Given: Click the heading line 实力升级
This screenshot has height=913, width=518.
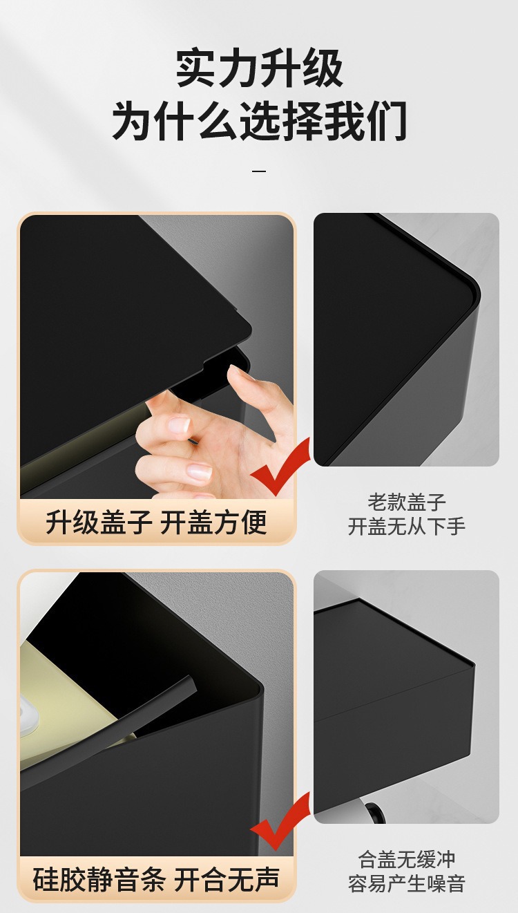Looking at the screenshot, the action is pyautogui.click(x=259, y=68).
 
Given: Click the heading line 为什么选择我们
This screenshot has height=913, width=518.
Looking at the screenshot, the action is pyautogui.click(x=259, y=121).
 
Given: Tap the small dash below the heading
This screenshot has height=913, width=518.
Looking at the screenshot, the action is pyautogui.click(x=259, y=171).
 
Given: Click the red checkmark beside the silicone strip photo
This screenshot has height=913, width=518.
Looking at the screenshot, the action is pyautogui.click(x=280, y=820).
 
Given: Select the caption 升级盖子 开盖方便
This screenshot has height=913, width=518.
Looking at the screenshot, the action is pyautogui.click(x=156, y=522).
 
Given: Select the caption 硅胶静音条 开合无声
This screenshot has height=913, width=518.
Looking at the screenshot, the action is pyautogui.click(x=156, y=878).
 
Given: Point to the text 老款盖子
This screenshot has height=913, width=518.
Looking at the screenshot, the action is pyautogui.click(x=406, y=502).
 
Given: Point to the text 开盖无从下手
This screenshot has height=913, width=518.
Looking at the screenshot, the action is pyautogui.click(x=406, y=526).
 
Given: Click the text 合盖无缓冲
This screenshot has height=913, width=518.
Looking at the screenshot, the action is pyautogui.click(x=406, y=860).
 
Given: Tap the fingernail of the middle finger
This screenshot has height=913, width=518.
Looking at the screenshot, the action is pyautogui.click(x=180, y=424).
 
